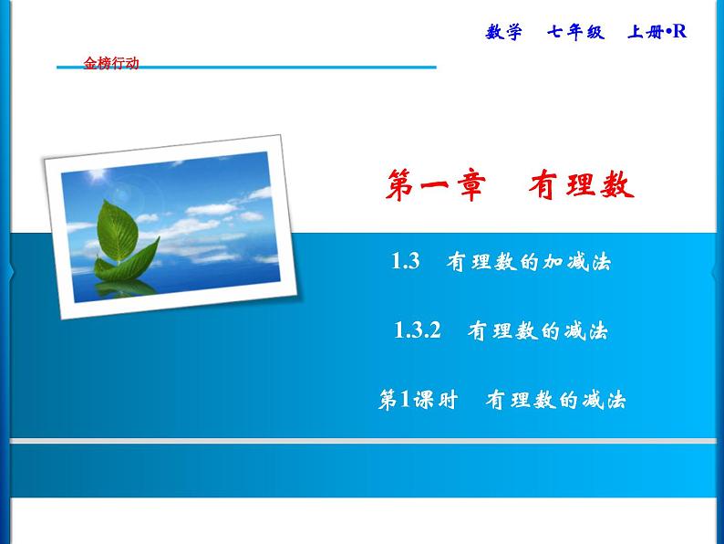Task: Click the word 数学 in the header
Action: pos(504,32)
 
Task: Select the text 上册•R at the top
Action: pos(656,32)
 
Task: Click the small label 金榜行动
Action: pos(111,64)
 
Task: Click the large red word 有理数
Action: pos(580,185)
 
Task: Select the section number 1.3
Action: pos(404,263)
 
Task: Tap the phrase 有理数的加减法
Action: pos(528,263)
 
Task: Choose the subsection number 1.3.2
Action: pos(418,331)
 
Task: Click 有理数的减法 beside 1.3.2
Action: pos(537,331)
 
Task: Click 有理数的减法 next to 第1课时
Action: pos(555,400)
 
